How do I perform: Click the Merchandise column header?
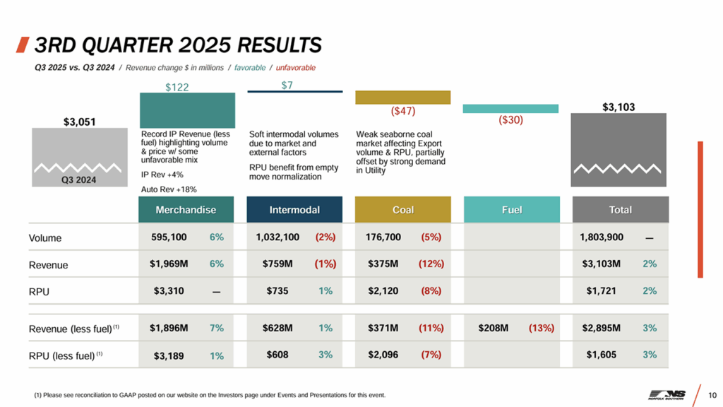186,210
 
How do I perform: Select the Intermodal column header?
294,210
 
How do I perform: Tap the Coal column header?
403,210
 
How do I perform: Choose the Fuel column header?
511,210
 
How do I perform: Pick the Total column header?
620,210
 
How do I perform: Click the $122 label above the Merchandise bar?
177,87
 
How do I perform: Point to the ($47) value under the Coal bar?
403,111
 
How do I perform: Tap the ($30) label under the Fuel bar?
510,120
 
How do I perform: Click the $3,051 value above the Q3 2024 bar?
80,122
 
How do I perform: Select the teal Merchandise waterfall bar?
187,110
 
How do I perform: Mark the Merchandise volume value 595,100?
169,237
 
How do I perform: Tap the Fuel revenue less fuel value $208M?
494,328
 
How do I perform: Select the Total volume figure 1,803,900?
602,237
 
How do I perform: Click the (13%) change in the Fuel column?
542,328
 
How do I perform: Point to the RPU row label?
40,291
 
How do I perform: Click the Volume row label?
45,238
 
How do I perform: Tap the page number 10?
712,394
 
